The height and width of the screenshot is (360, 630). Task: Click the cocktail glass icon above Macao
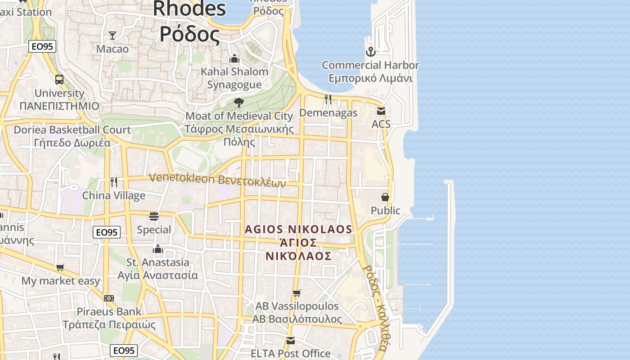pyautogui.click(x=112, y=35)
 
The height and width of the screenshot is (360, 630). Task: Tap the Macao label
pyautogui.click(x=112, y=49)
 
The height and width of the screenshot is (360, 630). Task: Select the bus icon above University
pyautogui.click(x=59, y=80)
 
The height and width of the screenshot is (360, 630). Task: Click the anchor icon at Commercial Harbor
pyautogui.click(x=370, y=52)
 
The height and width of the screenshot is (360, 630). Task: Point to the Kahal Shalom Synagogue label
pyautogui.click(x=234, y=78)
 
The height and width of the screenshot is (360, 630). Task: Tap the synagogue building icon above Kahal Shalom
pyautogui.click(x=234, y=59)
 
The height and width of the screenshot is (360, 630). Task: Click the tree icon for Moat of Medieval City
pyautogui.click(x=239, y=103)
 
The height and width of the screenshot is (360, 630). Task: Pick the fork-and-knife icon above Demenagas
pyautogui.click(x=328, y=99)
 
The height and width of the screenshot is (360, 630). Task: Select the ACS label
pyautogui.click(x=381, y=124)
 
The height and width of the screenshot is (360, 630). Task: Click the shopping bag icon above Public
pyautogui.click(x=385, y=197)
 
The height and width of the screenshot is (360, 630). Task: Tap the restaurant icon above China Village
pyautogui.click(x=114, y=182)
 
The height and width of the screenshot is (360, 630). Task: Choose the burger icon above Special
pyautogui.click(x=154, y=216)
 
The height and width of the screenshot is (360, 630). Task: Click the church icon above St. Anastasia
pyautogui.click(x=158, y=249)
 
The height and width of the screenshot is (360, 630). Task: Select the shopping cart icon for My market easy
pyautogui.click(x=60, y=268)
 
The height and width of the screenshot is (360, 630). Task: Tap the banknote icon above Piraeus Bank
pyautogui.click(x=109, y=298)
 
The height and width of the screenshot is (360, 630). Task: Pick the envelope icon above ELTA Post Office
pyautogui.click(x=291, y=340)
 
